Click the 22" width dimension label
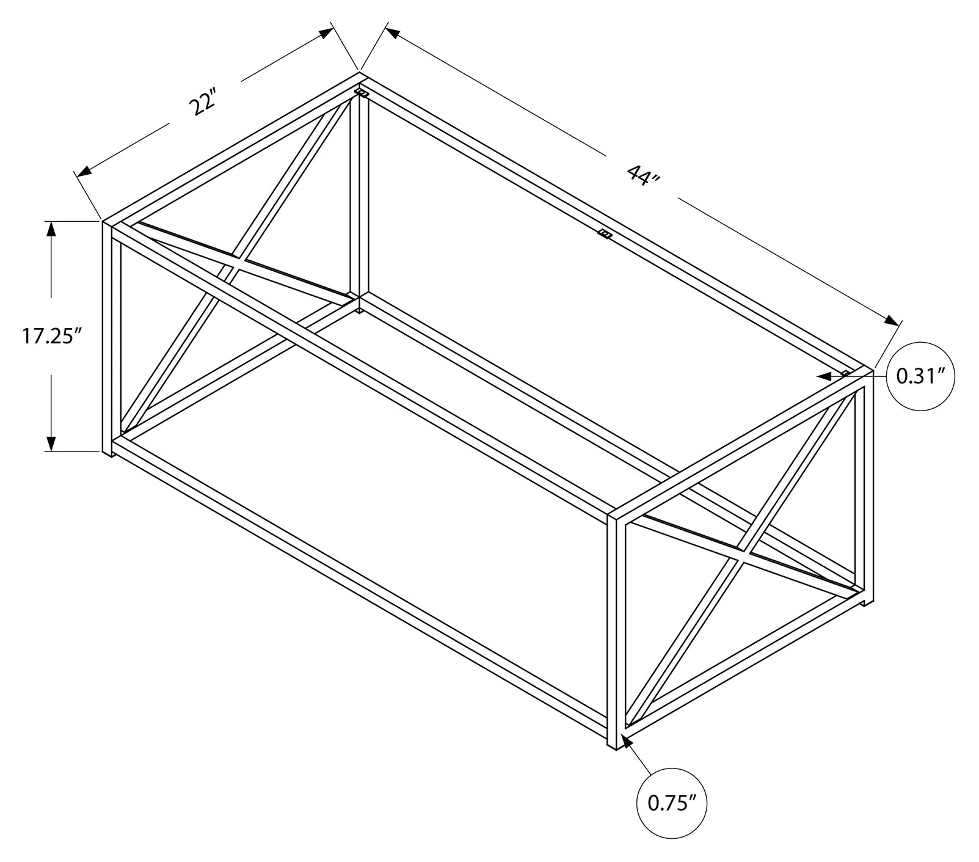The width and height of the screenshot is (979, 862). pyautogui.click(x=203, y=104)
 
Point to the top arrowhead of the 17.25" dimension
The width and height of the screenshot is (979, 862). pyautogui.click(x=51, y=228)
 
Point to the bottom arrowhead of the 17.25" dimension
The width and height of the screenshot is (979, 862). pyautogui.click(x=51, y=443)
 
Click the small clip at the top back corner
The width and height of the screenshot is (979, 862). pyautogui.click(x=362, y=93)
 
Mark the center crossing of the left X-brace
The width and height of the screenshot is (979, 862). pyautogui.click(x=237, y=262)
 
